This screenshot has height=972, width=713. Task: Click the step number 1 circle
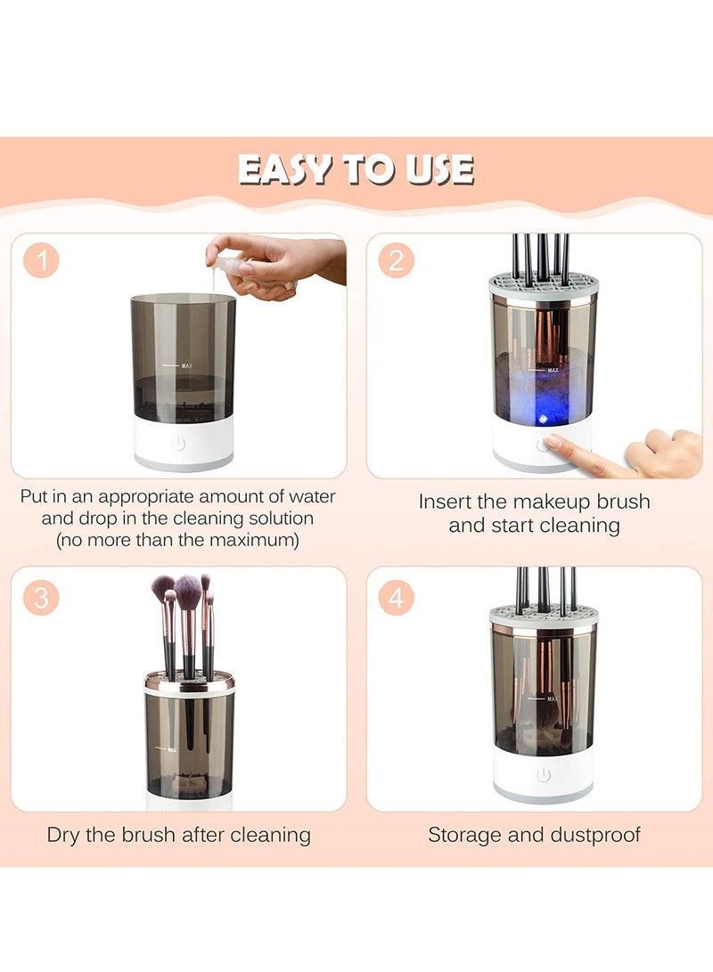(x=41, y=262)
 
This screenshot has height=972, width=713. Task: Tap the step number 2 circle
(x=396, y=262)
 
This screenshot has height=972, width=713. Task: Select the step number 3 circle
(x=41, y=596)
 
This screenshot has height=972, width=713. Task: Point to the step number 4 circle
(x=396, y=596)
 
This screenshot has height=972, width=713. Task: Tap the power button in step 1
(x=178, y=443)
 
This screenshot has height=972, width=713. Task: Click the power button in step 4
(x=544, y=775)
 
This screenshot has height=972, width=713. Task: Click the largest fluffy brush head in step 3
(x=188, y=591)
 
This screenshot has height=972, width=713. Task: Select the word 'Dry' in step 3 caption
(x=65, y=835)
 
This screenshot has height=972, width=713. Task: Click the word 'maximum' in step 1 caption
(x=254, y=540)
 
